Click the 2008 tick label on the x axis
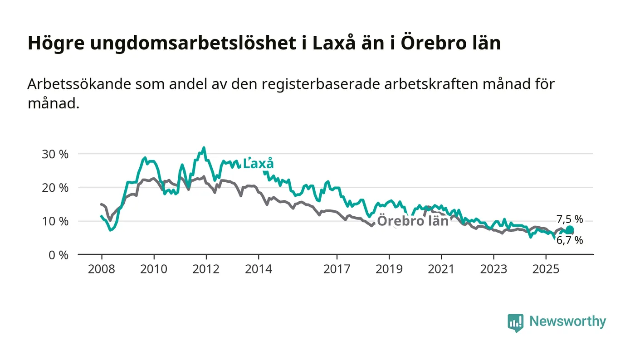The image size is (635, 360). pyautogui.click(x=102, y=269)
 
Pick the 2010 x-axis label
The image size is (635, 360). pyautogui.click(x=154, y=269)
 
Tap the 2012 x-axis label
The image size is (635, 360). pyautogui.click(x=206, y=269)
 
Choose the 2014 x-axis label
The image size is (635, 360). pyautogui.click(x=259, y=269)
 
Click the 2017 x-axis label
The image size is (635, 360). pyautogui.click(x=337, y=269)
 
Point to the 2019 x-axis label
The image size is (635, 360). pyautogui.click(x=389, y=269)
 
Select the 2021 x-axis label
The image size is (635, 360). pyautogui.click(x=441, y=269)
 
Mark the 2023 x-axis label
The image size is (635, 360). pyautogui.click(x=494, y=269)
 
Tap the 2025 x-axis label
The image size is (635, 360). pyautogui.click(x=546, y=269)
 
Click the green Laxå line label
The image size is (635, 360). pyautogui.click(x=259, y=164)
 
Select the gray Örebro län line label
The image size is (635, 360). pyautogui.click(x=413, y=221)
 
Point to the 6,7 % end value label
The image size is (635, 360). pyautogui.click(x=570, y=241)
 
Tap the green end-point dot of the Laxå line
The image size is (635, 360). pyautogui.click(x=570, y=230)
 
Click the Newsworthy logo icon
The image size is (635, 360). pyautogui.click(x=515, y=322)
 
